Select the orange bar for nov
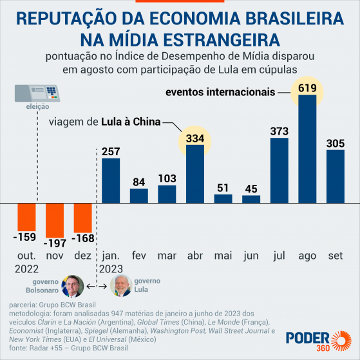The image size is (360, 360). pos(55,219)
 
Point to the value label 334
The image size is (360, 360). pos(194,137)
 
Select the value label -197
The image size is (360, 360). pos(55,243)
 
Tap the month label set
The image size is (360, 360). pos(335,256)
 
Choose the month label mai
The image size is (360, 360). pos(222,256)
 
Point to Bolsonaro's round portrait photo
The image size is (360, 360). pos(72,286)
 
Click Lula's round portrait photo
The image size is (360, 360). pos(121,286)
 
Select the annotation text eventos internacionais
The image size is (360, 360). pos(221,92)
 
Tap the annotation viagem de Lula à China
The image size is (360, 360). pos(104,122)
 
